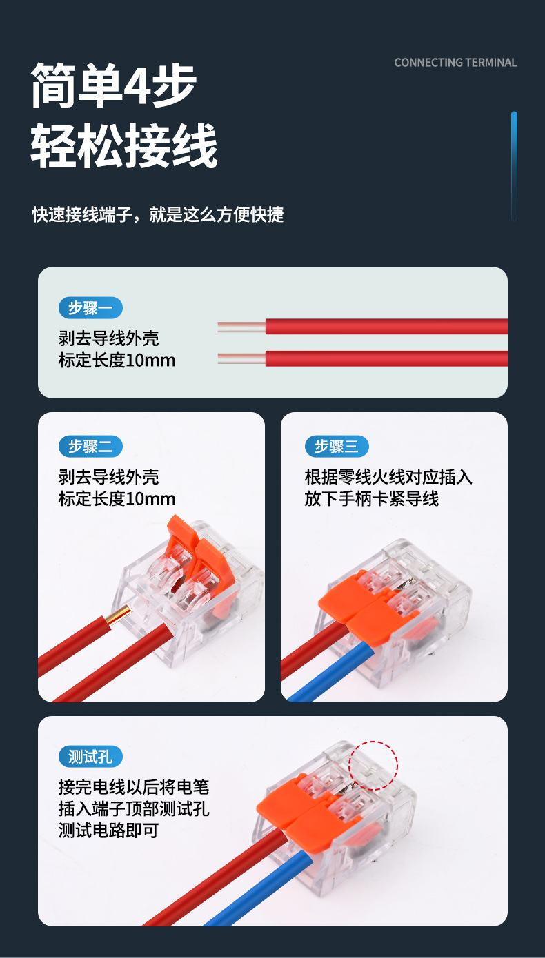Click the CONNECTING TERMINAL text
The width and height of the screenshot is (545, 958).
click(455, 63)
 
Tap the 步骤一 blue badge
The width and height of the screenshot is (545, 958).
click(90, 308)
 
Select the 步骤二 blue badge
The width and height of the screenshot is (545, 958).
click(90, 446)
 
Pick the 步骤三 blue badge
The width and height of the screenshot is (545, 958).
click(337, 446)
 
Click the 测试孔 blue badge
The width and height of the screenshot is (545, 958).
click(90, 756)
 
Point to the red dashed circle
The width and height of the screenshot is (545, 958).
click(373, 765)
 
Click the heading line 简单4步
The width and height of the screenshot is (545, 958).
click(115, 86)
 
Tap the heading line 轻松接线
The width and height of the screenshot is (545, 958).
click(124, 146)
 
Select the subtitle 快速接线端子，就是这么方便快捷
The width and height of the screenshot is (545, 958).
click(158, 214)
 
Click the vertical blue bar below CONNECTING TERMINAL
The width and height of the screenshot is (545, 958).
click(514, 165)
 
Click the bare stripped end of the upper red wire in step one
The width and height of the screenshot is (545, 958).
click(241, 327)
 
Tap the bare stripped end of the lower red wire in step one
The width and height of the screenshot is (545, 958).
click(241, 358)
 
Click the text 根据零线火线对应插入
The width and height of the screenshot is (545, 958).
click(388, 477)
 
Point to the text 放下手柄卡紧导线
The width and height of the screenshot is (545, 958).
click(371, 498)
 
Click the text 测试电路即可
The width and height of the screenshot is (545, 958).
click(108, 830)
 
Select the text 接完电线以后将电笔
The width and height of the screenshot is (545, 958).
click(133, 786)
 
